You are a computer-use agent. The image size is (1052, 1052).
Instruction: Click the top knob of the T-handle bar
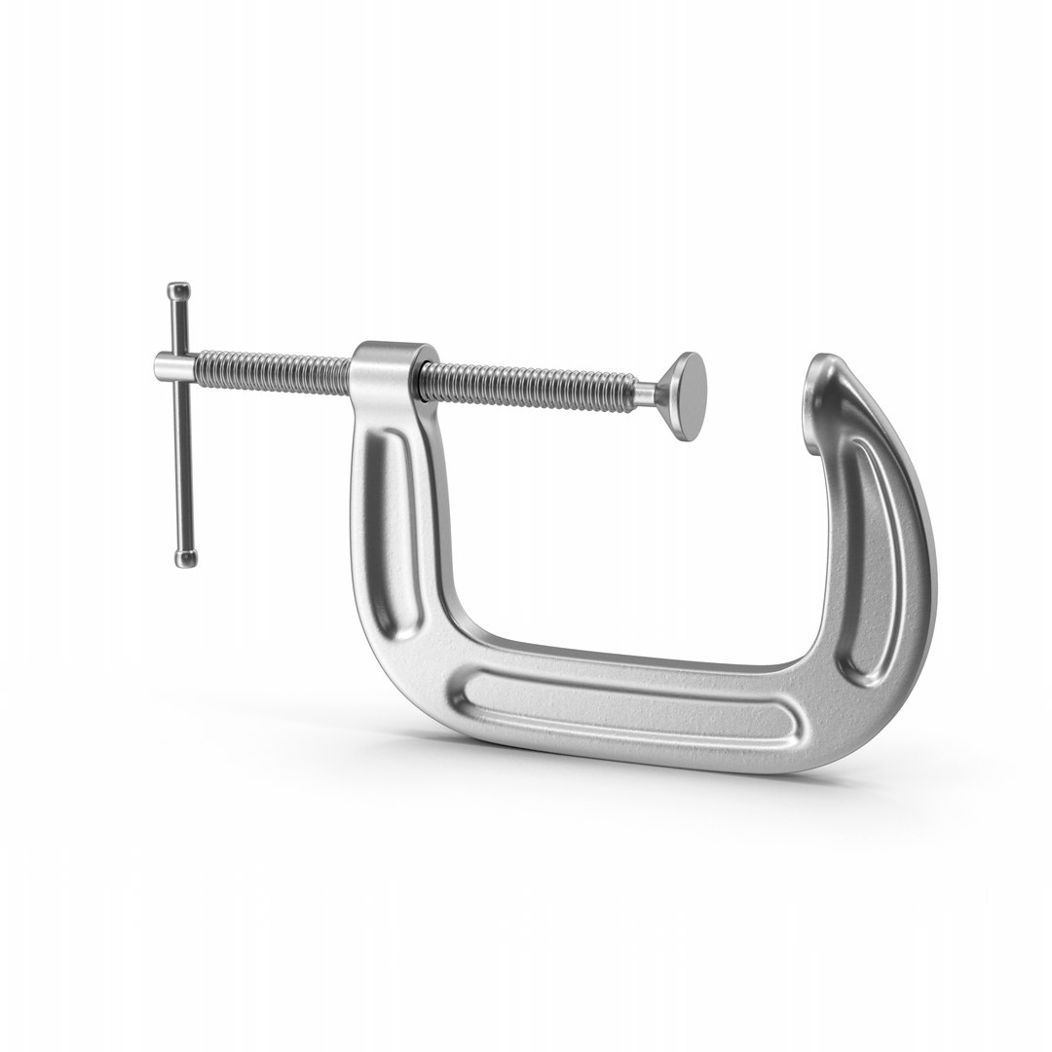(x=179, y=291)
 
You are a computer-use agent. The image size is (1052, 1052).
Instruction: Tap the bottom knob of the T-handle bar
(x=184, y=557)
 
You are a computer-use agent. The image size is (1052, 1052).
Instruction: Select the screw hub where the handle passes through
(x=175, y=367)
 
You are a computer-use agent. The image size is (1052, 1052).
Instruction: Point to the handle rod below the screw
(x=182, y=468)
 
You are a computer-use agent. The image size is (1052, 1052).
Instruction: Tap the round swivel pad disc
(x=688, y=397)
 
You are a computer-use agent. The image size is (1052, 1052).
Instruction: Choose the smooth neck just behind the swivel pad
(x=646, y=392)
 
